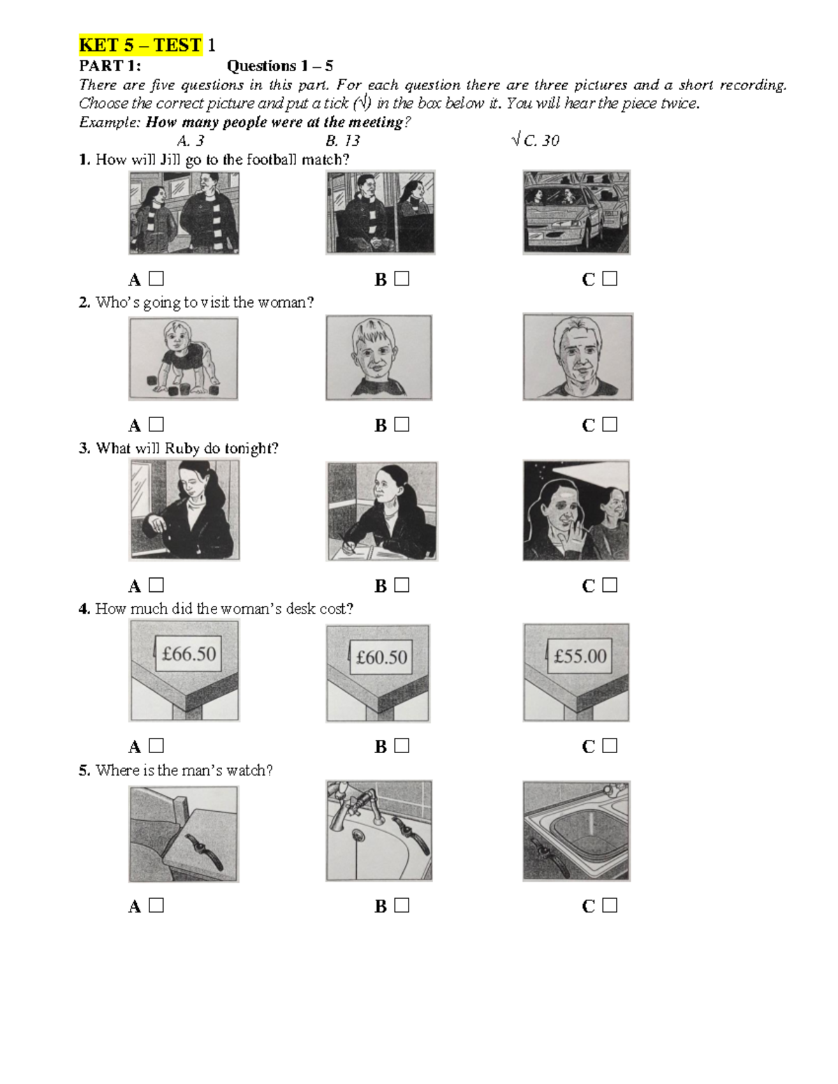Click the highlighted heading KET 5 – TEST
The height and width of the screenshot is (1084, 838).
pos(140,45)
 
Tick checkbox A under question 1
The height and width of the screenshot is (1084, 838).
pos(156,279)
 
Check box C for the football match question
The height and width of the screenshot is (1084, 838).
pos(610,279)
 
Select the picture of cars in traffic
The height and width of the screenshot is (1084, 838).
pos(576,212)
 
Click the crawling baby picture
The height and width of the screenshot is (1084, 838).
pos(184,358)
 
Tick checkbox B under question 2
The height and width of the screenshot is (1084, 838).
pos(402,424)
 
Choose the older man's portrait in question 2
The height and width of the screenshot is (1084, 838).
pos(578,357)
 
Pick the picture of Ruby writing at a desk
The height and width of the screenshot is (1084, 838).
pos(381,511)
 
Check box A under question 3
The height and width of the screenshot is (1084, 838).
pos(156,585)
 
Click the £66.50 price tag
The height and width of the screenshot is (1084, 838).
pos(189,654)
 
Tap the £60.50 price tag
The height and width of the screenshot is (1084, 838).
pos(381,657)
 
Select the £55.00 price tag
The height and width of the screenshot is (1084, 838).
pos(580,656)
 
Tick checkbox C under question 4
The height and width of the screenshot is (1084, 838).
pos(610,745)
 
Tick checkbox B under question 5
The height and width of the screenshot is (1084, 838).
pos(402,905)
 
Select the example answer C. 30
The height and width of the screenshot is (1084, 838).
pos(536,141)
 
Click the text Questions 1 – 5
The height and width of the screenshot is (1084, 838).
pos(279,66)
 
